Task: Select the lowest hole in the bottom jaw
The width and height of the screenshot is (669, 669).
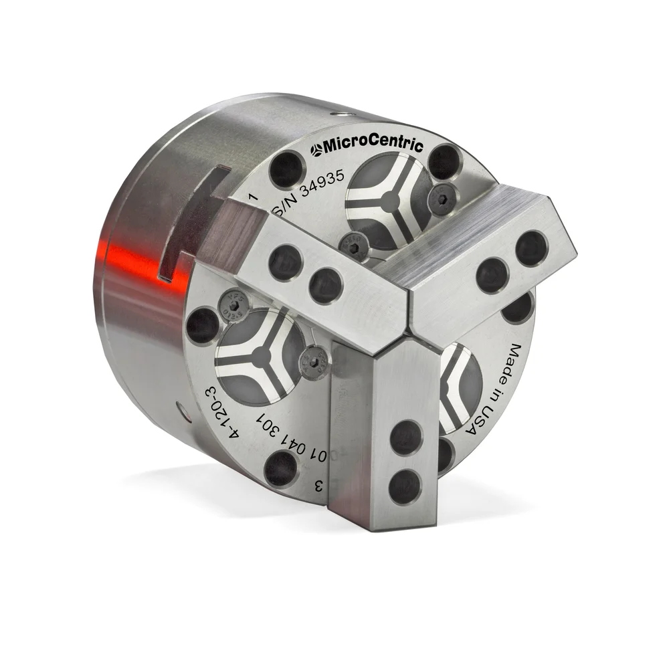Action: point(404,486)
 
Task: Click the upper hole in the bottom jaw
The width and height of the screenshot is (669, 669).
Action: point(405,438)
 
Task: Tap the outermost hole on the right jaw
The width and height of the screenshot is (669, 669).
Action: point(533,248)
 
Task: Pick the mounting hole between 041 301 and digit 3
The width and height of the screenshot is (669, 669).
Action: point(281,468)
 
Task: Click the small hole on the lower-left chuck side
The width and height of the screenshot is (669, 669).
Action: point(181,405)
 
